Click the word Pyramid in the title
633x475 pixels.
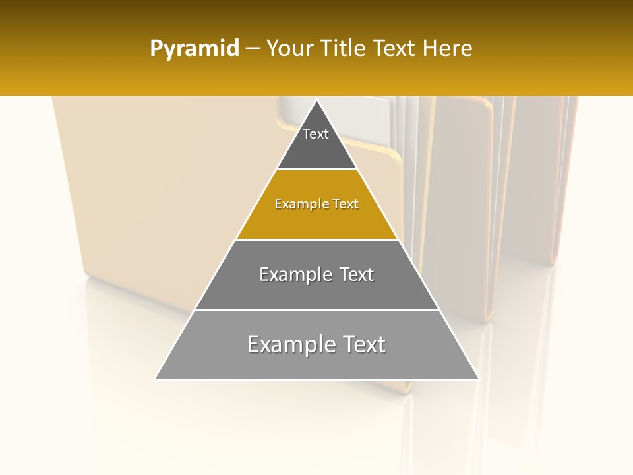(x=195, y=49)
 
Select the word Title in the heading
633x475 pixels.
(x=344, y=48)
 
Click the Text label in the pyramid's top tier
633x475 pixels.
(x=316, y=134)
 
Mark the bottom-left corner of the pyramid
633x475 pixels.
(x=155, y=379)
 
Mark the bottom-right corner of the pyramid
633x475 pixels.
(x=479, y=379)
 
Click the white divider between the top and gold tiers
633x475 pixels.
(x=316, y=170)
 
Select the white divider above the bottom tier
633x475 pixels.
(x=316, y=309)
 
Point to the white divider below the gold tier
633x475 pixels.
(x=316, y=239)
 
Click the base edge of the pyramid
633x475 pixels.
(x=316, y=380)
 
